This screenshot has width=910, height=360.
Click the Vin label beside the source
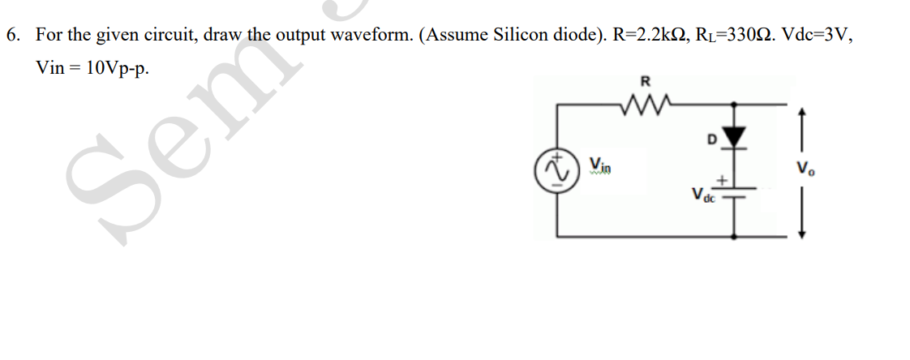coord(601,165)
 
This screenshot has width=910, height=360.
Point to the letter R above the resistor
coord(646,81)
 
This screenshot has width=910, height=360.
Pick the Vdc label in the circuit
coord(702,196)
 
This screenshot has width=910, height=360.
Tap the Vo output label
coord(804,170)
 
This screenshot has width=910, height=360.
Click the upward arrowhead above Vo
coord(804,114)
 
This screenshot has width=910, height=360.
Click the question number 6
coord(12,36)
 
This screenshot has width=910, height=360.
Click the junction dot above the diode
coord(735,105)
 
